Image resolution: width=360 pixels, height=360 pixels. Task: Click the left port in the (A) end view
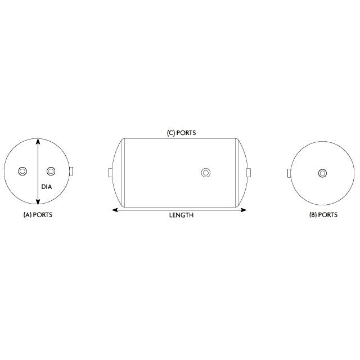click(x=22, y=171)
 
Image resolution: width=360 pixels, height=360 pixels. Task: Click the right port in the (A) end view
click(x=51, y=171)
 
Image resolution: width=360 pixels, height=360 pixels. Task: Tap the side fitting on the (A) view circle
click(x=72, y=172)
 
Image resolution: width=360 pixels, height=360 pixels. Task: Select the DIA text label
click(x=47, y=187)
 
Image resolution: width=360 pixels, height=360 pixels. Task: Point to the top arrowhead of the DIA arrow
click(x=38, y=141)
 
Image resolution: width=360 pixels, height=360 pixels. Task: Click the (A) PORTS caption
click(x=38, y=215)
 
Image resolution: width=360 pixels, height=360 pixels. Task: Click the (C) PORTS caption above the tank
click(x=181, y=133)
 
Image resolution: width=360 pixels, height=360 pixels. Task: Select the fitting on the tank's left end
click(x=111, y=172)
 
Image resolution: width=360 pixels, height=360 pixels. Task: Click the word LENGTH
click(x=181, y=215)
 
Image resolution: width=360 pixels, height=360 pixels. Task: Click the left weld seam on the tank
click(x=124, y=172)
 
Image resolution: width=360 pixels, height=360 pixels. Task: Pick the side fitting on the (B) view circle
click(x=289, y=173)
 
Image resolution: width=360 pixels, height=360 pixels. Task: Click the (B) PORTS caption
click(x=323, y=215)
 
